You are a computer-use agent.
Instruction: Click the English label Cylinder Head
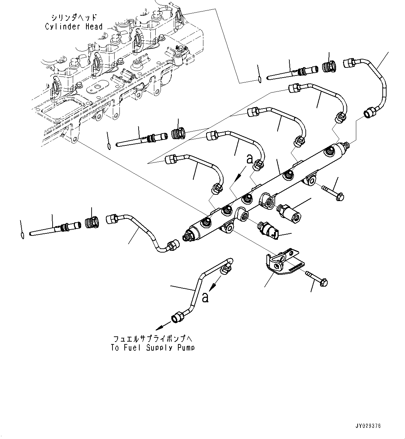point(74,27)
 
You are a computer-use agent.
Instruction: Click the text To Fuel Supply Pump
point(153,348)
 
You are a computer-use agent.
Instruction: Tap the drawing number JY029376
point(368,426)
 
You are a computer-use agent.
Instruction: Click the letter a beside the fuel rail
point(250,159)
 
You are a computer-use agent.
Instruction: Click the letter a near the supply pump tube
point(205,298)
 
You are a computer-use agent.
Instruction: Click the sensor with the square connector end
point(268,231)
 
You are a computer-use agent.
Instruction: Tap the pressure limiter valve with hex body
point(288,213)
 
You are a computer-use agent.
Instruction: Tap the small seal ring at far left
point(22,236)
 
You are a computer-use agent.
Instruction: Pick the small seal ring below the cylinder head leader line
point(260,80)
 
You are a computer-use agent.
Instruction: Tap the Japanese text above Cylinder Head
point(74,17)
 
